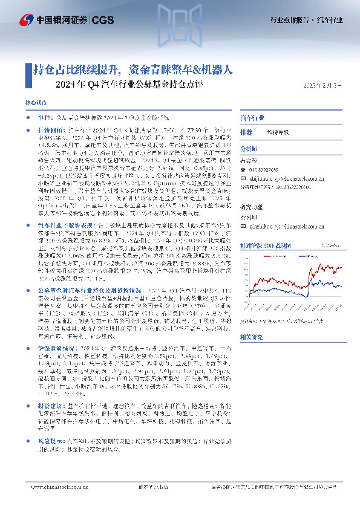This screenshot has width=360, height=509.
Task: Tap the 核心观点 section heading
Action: click(34, 104)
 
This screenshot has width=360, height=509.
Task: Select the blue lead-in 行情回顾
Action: click(50, 129)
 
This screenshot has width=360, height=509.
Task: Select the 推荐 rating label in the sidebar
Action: click(247, 131)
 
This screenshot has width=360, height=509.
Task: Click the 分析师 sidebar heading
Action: click(250, 147)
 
